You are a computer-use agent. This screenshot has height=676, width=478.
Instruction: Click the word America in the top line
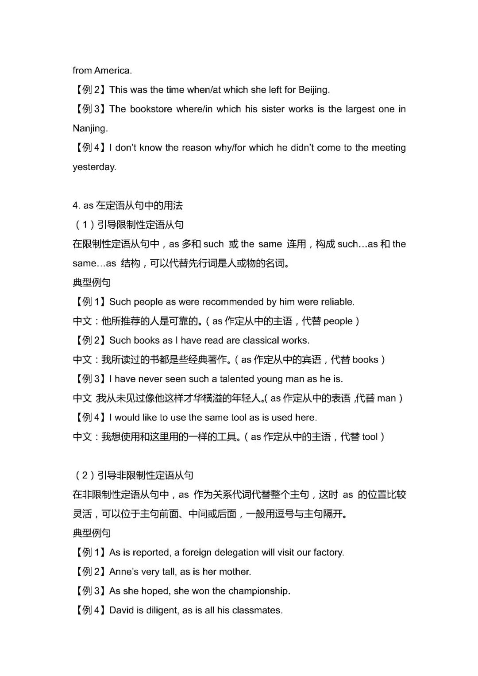tap(113, 70)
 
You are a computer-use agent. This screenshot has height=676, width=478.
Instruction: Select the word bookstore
tap(151, 109)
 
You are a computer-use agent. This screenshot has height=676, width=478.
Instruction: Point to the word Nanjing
tap(90, 128)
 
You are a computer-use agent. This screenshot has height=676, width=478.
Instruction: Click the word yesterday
tap(94, 167)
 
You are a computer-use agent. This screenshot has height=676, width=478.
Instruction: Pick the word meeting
tap(389, 148)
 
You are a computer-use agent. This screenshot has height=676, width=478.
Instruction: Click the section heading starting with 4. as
tap(128, 205)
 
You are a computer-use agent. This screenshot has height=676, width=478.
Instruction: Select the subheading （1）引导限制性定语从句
tap(129, 225)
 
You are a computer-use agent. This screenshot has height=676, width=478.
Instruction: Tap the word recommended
tap(233, 302)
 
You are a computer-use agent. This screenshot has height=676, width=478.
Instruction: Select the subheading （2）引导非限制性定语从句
tap(134, 475)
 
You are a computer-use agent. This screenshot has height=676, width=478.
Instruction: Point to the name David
tap(121, 610)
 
